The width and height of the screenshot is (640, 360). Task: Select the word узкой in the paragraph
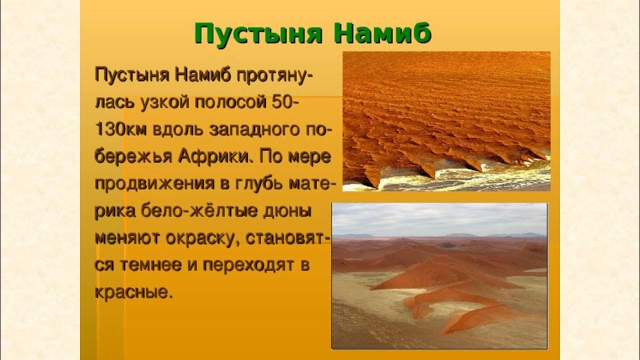(x=161, y=102)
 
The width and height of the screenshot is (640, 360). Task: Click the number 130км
(x=120, y=130)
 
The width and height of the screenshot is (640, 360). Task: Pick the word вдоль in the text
(x=175, y=130)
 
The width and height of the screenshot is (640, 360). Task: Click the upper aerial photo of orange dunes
(x=446, y=120)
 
